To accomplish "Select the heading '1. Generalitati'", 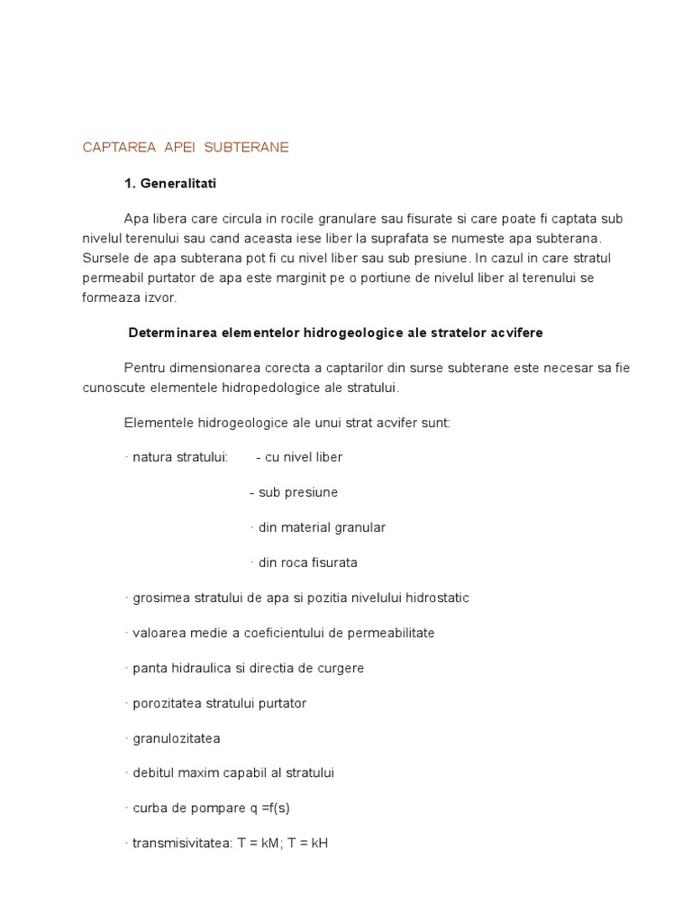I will pyautogui.click(x=170, y=183).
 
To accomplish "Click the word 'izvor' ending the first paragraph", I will pyautogui.click(x=160, y=297).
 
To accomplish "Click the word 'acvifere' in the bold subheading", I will pyautogui.click(x=514, y=333).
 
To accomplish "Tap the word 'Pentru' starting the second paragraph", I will pyautogui.click(x=143, y=368).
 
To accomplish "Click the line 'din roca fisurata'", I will pyautogui.click(x=306, y=562).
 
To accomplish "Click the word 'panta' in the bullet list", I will pyautogui.click(x=148, y=668).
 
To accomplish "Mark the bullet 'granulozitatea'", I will pyautogui.click(x=176, y=738).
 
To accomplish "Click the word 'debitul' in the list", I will pyautogui.click(x=152, y=773).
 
